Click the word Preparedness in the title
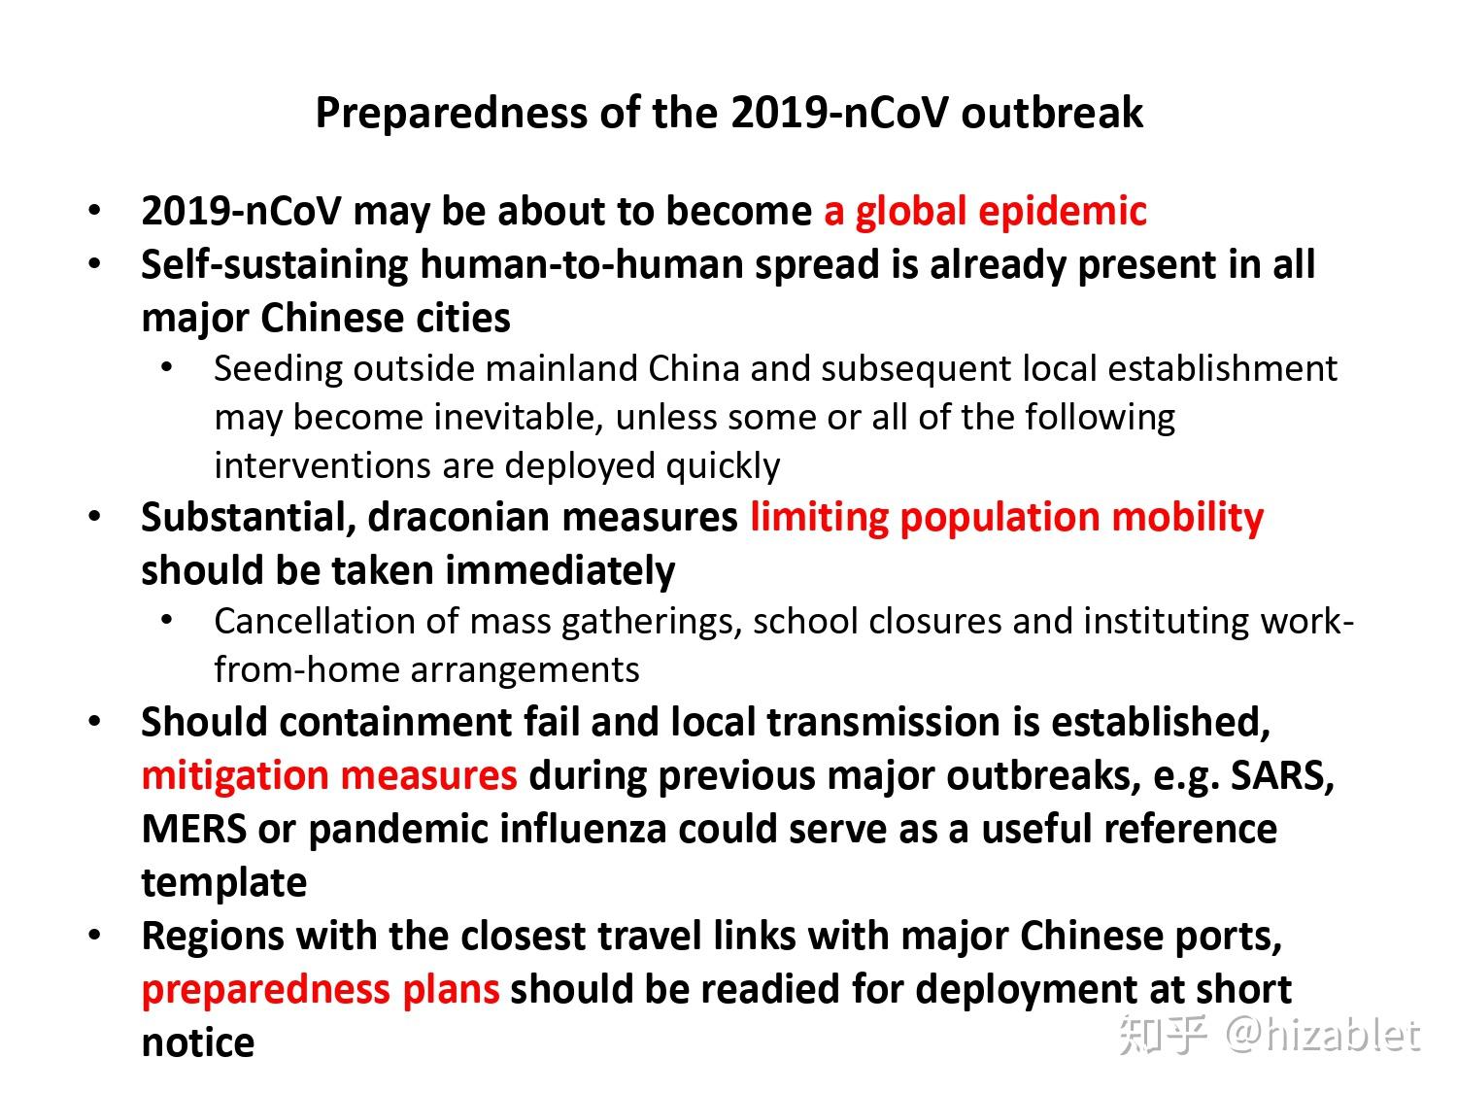click(x=452, y=114)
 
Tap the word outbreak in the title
click(x=1052, y=112)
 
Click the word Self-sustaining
click(x=274, y=265)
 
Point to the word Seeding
click(x=278, y=369)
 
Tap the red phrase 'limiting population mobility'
click(x=1007, y=519)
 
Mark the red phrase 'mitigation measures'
click(x=329, y=776)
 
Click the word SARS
click(x=1282, y=775)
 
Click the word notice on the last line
click(x=198, y=1043)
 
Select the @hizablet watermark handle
click(x=1322, y=1035)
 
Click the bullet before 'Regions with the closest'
click(x=95, y=935)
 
